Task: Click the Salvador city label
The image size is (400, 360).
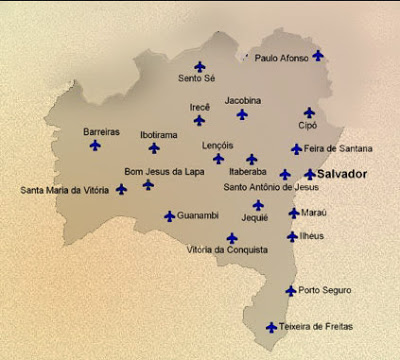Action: pyautogui.click(x=342, y=174)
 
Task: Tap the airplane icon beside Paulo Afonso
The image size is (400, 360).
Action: pyautogui.click(x=318, y=56)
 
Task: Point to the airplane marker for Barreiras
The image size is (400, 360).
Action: pyautogui.click(x=95, y=145)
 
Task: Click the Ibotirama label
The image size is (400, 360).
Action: pyautogui.click(x=159, y=133)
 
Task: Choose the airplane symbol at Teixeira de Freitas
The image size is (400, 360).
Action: pyautogui.click(x=271, y=327)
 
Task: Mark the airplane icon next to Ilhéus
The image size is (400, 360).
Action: pyautogui.click(x=292, y=237)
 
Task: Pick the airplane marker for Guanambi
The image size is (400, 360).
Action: pyautogui.click(x=170, y=216)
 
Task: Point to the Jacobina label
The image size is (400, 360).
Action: pyautogui.click(x=242, y=101)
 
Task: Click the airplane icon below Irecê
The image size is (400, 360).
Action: pyautogui.click(x=199, y=121)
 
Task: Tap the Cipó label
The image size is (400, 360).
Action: pyautogui.click(x=307, y=126)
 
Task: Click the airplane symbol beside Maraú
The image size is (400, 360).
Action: pyautogui.click(x=293, y=213)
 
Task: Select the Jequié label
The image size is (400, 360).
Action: pyautogui.click(x=256, y=216)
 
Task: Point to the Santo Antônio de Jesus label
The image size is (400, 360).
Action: pyautogui.click(x=270, y=187)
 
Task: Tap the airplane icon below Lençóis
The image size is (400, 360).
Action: pyautogui.click(x=218, y=159)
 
